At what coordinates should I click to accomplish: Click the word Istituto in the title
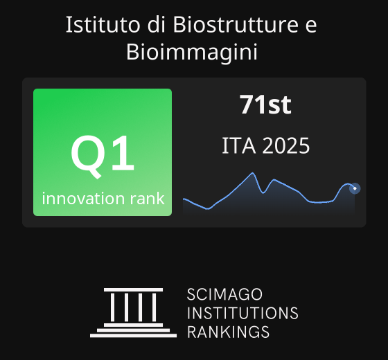click(x=103, y=24)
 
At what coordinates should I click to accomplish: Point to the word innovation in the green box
click(x=83, y=198)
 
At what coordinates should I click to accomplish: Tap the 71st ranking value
click(x=265, y=105)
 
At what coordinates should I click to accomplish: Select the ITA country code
click(x=239, y=146)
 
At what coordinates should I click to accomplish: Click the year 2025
click(x=285, y=146)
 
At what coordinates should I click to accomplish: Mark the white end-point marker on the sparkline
click(x=355, y=188)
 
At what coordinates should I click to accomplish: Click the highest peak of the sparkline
click(x=253, y=173)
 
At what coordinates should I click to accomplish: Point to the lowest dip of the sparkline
click(x=208, y=209)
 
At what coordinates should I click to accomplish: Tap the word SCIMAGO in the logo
click(x=224, y=294)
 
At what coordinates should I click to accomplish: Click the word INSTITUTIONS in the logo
click(x=242, y=313)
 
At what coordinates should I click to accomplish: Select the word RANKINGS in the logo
click(x=228, y=332)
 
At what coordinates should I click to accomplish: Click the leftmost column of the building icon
click(x=112, y=307)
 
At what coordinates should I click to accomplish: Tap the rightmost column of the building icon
click(x=154, y=307)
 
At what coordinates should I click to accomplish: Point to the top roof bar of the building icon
click(x=133, y=290)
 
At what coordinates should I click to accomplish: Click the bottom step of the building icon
click(x=133, y=336)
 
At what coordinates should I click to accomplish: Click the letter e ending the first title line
click(x=311, y=27)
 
